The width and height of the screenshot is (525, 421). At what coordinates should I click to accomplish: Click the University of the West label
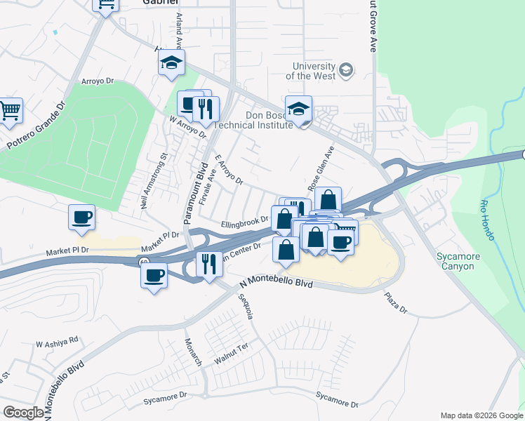[314, 71]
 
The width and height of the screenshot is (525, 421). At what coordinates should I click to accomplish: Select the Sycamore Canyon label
[455, 261]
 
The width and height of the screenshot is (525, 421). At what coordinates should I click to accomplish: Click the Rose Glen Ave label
[319, 169]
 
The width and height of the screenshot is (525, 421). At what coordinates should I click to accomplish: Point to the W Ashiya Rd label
[57, 342]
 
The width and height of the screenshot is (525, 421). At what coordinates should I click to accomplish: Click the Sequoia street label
[246, 307]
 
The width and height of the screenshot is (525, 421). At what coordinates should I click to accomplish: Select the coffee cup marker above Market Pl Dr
[82, 217]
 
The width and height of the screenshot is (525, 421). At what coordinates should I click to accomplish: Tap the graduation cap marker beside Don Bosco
[299, 109]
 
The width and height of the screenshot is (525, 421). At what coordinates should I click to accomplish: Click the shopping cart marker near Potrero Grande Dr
[10, 110]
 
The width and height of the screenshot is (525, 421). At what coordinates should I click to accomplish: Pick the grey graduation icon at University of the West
[345, 69]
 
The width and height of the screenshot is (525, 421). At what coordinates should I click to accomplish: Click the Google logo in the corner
[23, 413]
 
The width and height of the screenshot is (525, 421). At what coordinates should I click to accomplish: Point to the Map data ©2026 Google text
[481, 415]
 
